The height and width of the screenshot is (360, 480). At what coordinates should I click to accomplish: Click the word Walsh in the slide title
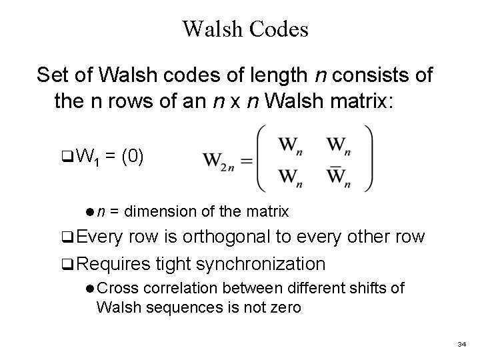tap(213, 29)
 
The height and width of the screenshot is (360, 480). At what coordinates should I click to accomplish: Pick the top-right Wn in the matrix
tap(340, 145)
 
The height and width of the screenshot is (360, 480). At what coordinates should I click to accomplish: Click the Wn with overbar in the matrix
tap(340, 177)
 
